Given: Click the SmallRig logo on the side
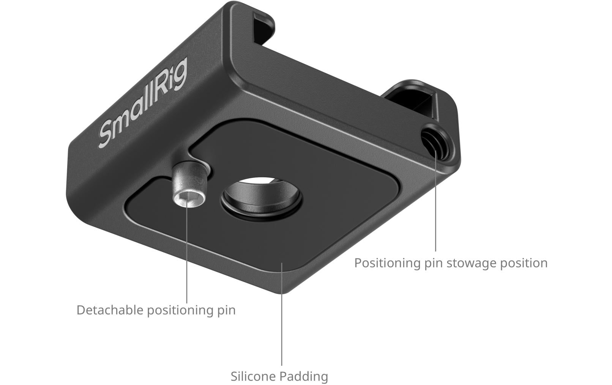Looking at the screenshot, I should click(142, 103).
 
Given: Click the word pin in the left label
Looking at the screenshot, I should click(226, 310).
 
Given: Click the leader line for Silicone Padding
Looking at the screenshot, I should click(282, 322).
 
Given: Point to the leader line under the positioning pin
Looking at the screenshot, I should click(187, 258).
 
